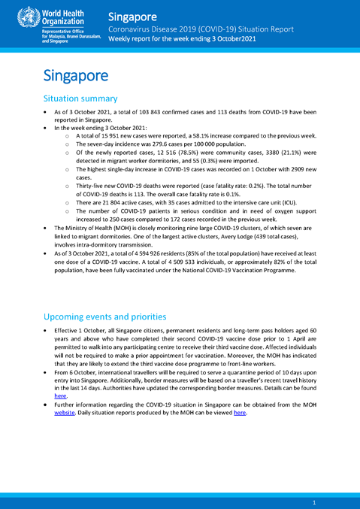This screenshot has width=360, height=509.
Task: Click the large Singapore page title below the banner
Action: click(76, 75)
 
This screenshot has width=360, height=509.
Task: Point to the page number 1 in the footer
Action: click(313, 501)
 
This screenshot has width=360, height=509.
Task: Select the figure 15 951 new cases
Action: click(113, 135)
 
